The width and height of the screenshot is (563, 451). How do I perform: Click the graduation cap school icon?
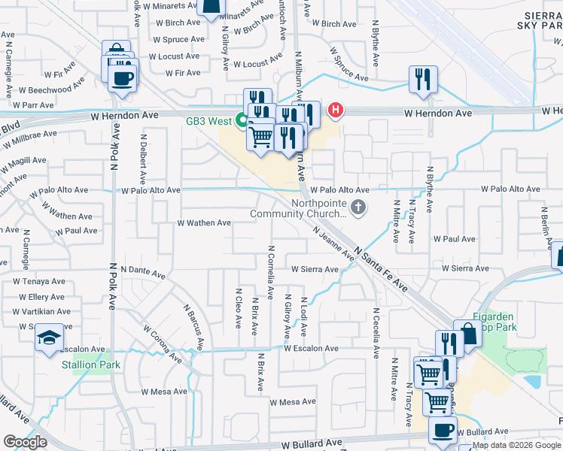49,339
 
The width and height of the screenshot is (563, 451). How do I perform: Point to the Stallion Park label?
90,365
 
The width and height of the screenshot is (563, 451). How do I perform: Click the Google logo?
26,442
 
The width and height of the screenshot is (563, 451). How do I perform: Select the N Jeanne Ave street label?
333,244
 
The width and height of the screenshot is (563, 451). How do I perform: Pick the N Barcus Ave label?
194,326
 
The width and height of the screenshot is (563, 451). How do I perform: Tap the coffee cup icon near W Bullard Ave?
443,430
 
